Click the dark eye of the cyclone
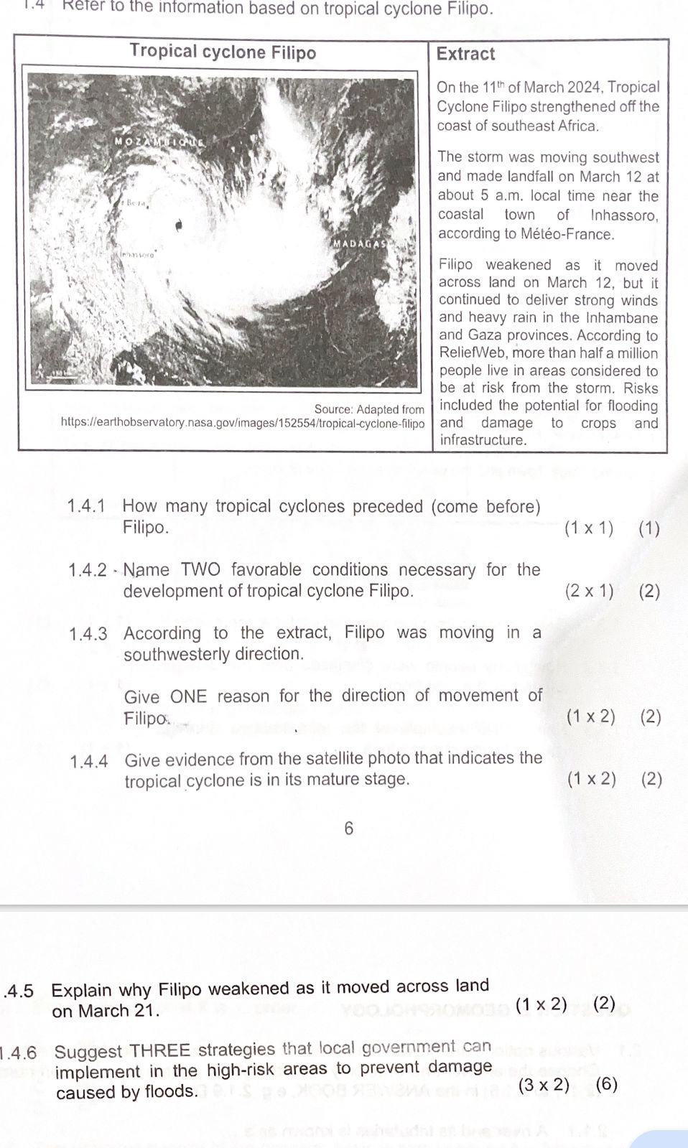(x=179, y=225)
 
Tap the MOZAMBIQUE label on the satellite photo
(x=159, y=142)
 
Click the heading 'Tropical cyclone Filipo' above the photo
(x=223, y=52)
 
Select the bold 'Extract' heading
(x=465, y=54)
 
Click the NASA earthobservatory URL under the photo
(x=243, y=423)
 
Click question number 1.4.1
(x=86, y=506)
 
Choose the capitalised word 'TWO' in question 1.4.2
(x=200, y=569)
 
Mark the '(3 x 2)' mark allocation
(x=544, y=1085)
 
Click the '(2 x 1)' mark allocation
(x=589, y=591)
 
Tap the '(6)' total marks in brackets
(x=606, y=1083)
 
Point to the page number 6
(x=349, y=829)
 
